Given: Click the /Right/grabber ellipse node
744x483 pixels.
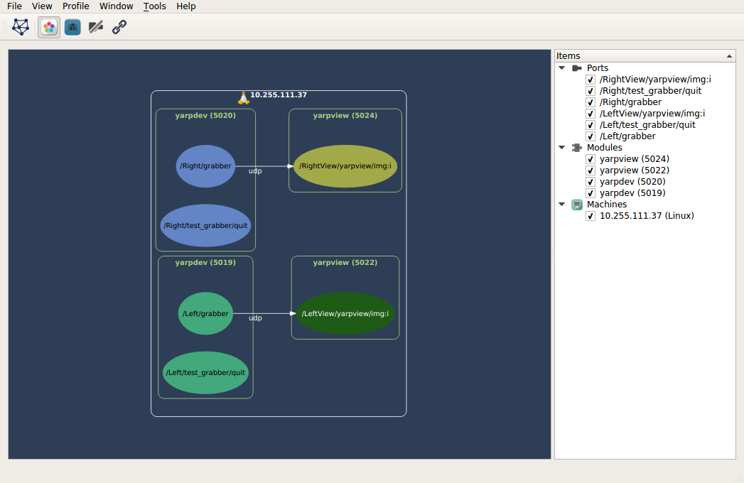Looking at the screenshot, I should (205, 166).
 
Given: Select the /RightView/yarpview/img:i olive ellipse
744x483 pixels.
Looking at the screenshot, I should (345, 166).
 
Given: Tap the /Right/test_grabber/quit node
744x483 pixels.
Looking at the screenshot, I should (205, 226).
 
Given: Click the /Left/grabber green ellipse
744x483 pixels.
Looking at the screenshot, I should (205, 313).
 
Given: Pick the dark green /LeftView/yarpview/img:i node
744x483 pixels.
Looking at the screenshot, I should (345, 313).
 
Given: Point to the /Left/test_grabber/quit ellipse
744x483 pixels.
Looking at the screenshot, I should (205, 372).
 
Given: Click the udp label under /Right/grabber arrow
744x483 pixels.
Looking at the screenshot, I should (255, 171).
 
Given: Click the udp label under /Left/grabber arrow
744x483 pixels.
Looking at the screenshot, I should (255, 318).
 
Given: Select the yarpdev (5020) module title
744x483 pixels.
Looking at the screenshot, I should (205, 115).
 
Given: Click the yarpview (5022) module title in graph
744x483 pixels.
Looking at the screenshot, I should (345, 262).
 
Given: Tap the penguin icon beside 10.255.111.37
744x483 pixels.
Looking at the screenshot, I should (243, 97).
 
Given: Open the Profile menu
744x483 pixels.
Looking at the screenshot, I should (76, 6).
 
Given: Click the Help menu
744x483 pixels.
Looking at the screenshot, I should (186, 6).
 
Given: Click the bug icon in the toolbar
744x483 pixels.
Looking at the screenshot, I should (72, 28).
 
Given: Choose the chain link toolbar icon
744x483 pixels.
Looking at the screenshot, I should (119, 28).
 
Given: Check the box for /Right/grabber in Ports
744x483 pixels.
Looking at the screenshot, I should (591, 102).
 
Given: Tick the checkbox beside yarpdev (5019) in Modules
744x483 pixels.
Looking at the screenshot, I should (591, 193).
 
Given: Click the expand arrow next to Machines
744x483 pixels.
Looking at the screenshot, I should (561, 205).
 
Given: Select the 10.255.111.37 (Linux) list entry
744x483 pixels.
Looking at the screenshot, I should (647, 216).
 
